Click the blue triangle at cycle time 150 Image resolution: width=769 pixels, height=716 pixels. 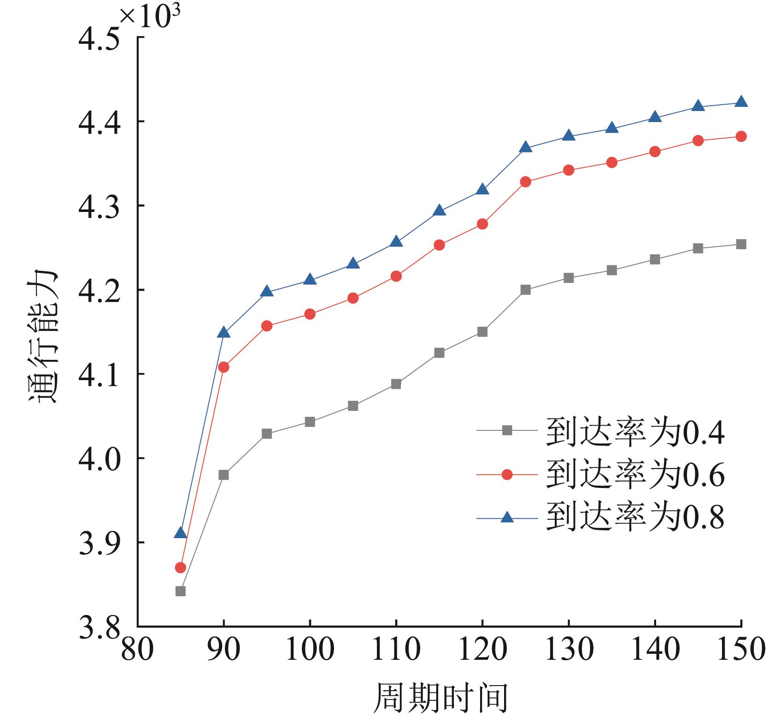click(741, 102)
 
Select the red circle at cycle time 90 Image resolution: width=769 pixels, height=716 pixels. click(223, 367)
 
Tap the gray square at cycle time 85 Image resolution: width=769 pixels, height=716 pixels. click(181, 591)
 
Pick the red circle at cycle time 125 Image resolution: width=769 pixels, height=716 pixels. click(525, 182)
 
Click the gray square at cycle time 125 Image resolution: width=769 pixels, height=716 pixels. click(525, 290)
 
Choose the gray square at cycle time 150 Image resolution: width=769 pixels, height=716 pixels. click(741, 244)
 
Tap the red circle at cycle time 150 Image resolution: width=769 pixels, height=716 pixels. click(741, 136)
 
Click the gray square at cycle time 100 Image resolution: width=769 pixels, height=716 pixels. click(310, 422)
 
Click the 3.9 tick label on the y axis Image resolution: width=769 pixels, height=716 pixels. click(99, 542)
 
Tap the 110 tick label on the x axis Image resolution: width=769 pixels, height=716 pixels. click(396, 650)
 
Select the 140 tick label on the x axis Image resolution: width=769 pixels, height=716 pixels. click(655, 650)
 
